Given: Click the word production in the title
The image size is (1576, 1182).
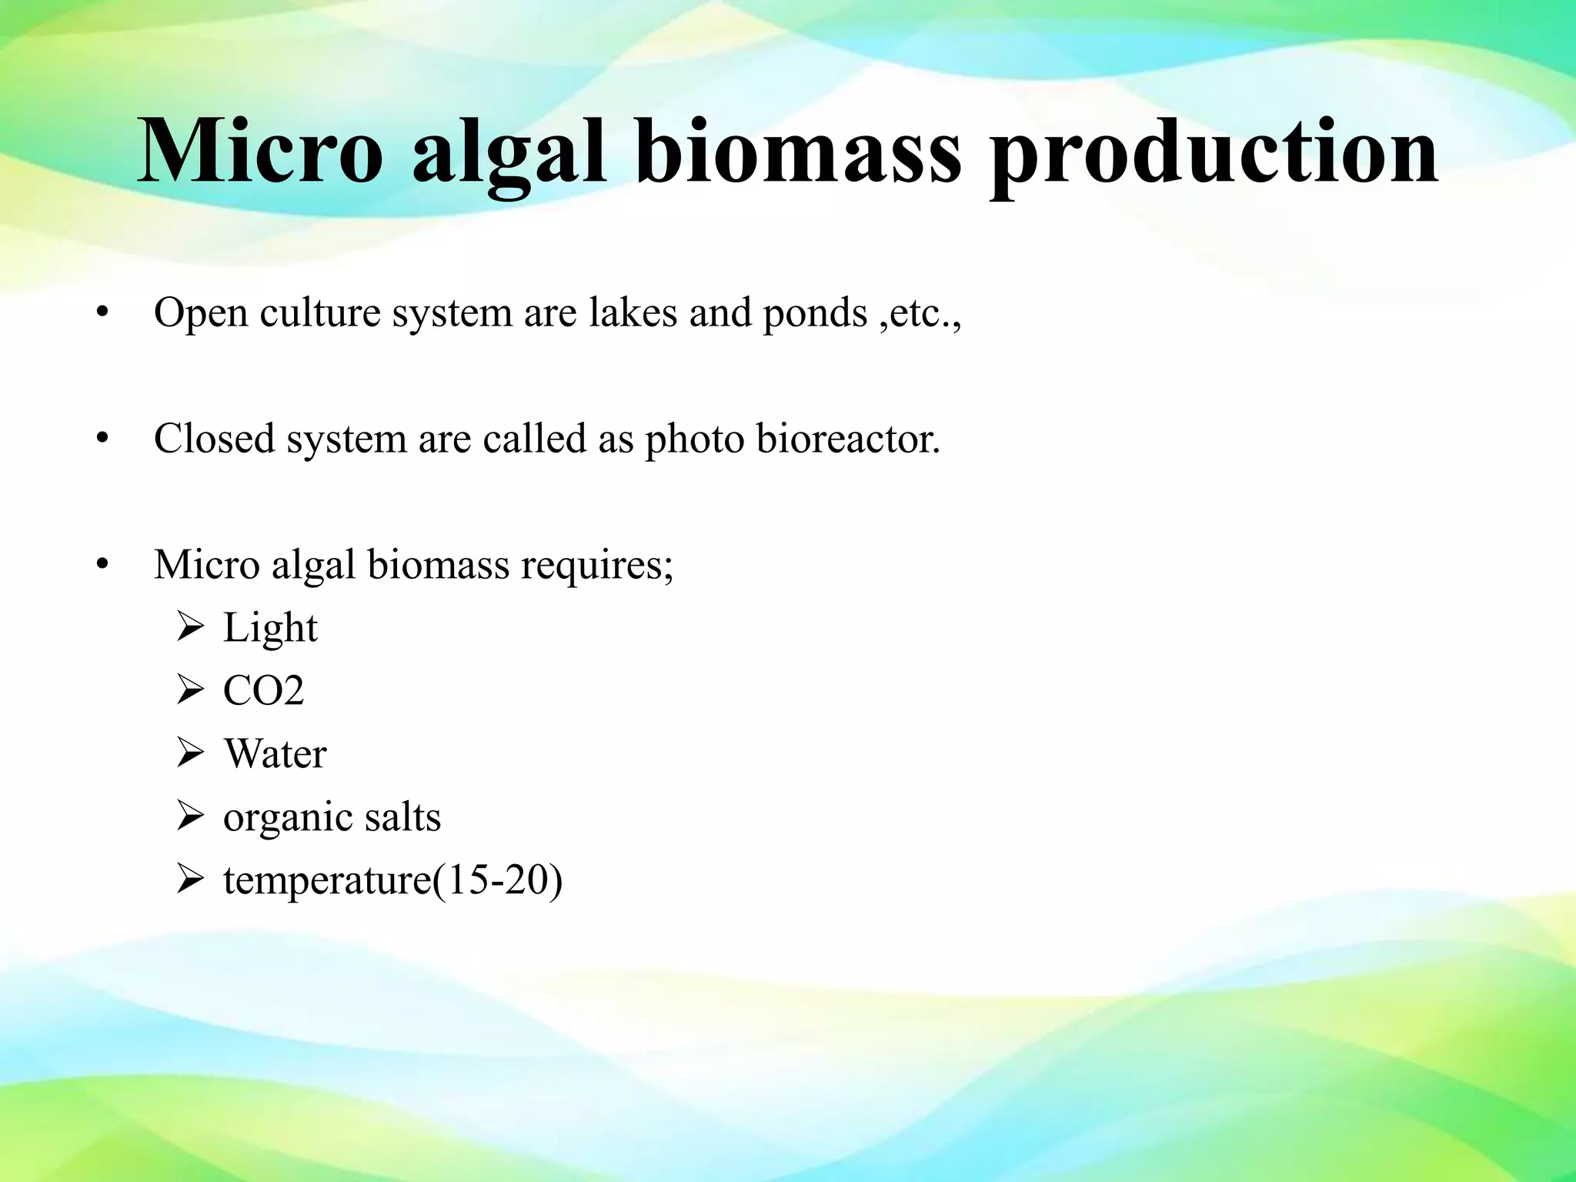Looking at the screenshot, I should [x=1214, y=154].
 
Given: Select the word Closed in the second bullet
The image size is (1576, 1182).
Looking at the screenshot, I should [x=215, y=439].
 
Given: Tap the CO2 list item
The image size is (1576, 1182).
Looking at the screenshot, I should [x=263, y=690].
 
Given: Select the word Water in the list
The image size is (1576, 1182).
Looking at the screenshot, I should [x=275, y=753].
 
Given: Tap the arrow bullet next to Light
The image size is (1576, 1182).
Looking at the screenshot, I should [x=189, y=627].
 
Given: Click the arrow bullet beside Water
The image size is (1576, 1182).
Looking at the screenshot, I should [x=189, y=753].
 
